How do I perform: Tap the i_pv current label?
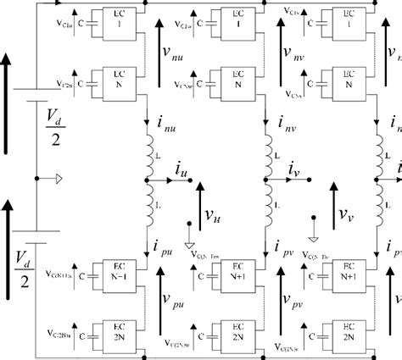285,246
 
